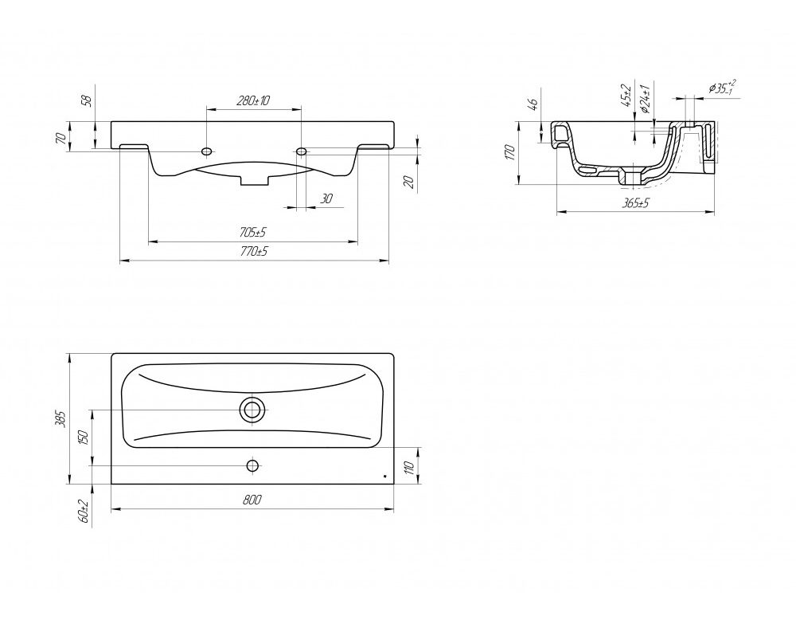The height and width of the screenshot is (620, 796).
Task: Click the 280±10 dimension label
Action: pyautogui.click(x=253, y=100)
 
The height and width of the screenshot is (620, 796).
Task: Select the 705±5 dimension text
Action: pyautogui.click(x=253, y=233)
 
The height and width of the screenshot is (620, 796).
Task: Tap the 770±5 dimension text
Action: pyautogui.click(x=253, y=252)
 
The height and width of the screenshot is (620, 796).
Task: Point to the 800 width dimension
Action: pyautogui.click(x=252, y=500)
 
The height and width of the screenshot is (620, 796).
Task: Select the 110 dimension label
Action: pyautogui.click(x=411, y=466)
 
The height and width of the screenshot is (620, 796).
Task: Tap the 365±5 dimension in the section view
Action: pyautogui.click(x=635, y=203)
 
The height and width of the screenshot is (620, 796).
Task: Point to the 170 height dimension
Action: pyautogui.click(x=510, y=152)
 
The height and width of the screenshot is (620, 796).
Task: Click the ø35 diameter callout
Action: pyautogui.click(x=722, y=88)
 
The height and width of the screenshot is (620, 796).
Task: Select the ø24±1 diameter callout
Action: pyautogui.click(x=646, y=98)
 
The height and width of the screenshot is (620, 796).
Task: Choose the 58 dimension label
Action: pyautogui.click(x=88, y=100)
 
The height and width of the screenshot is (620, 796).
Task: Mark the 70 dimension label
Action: pyautogui.click(x=60, y=138)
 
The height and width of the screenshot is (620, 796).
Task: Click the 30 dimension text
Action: pyautogui.click(x=326, y=198)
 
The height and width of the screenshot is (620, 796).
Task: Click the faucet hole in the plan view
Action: pyautogui.click(x=252, y=465)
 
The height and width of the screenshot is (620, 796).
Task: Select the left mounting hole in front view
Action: pyautogui.click(x=207, y=151)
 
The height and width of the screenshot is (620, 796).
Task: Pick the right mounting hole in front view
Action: pyautogui.click(x=301, y=151)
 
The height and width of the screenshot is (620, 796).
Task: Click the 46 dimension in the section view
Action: pyautogui.click(x=533, y=105)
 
